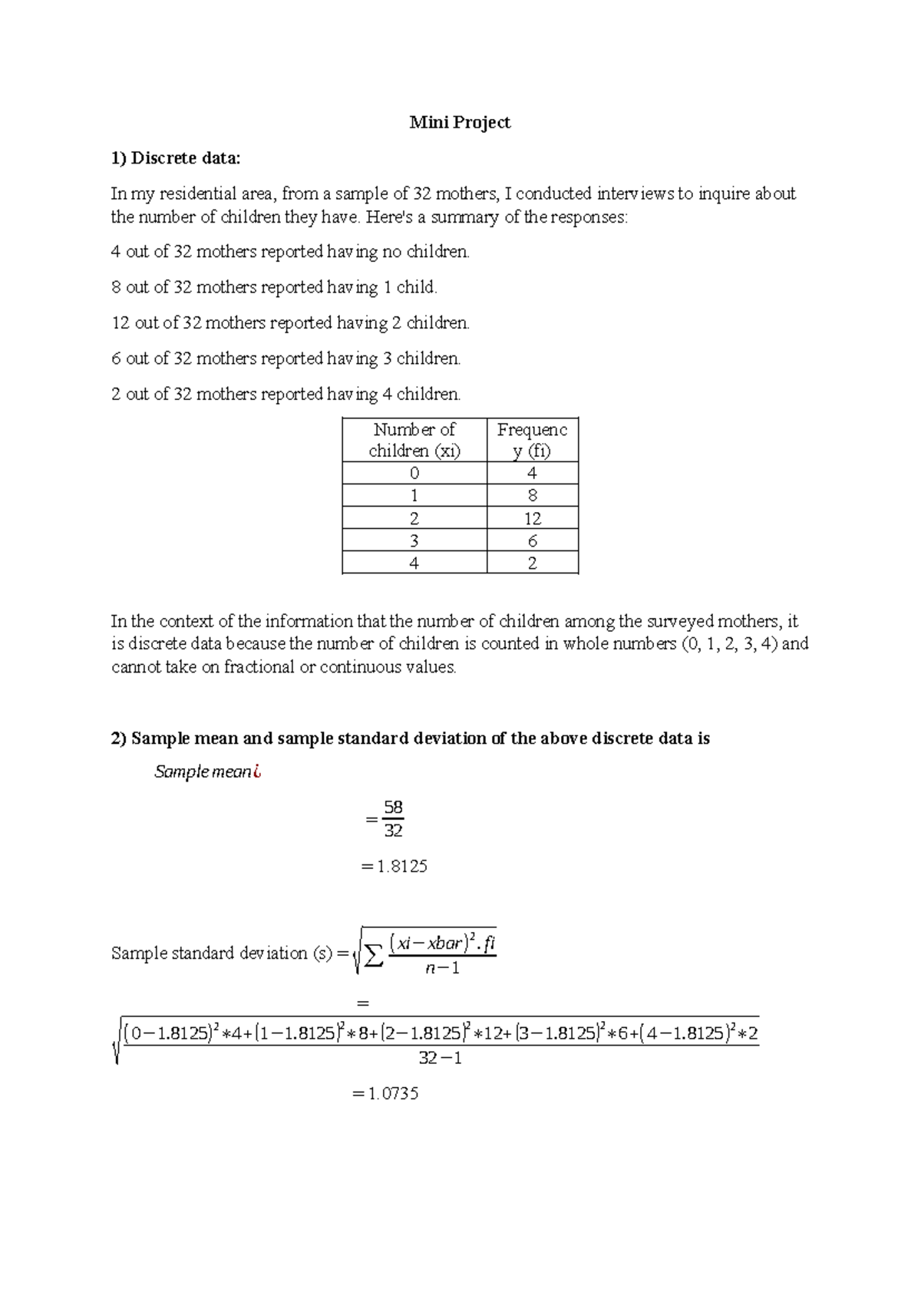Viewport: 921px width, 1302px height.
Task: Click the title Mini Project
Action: pyautogui.click(x=460, y=122)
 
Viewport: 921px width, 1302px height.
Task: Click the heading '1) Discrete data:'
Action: pyautogui.click(x=176, y=158)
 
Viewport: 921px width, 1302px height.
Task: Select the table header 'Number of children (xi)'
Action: pyautogui.click(x=414, y=440)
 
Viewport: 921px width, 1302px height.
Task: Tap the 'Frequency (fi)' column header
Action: pyautogui.click(x=532, y=440)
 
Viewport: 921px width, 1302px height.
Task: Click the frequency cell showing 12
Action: pyautogui.click(x=533, y=518)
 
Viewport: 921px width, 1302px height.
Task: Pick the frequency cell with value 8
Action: pyautogui.click(x=533, y=496)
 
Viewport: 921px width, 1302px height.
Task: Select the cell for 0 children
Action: pyautogui.click(x=414, y=474)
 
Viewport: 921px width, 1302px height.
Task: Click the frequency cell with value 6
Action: pyautogui.click(x=533, y=540)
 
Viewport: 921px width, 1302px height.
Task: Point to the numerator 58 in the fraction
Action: pyautogui.click(x=394, y=807)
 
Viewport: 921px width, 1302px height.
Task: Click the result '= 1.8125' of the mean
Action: pyautogui.click(x=394, y=866)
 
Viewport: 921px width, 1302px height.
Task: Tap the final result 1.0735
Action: pyautogui.click(x=393, y=1093)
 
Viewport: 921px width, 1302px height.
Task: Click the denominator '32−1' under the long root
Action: pyautogui.click(x=440, y=1058)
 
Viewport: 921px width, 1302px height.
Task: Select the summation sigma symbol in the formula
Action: pyautogui.click(x=373, y=957)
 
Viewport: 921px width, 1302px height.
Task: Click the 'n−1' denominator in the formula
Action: pyautogui.click(x=443, y=968)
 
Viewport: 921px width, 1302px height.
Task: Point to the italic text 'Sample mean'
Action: pyautogui.click(x=203, y=772)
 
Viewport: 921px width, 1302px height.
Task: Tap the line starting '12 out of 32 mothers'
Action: pyautogui.click(x=290, y=322)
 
